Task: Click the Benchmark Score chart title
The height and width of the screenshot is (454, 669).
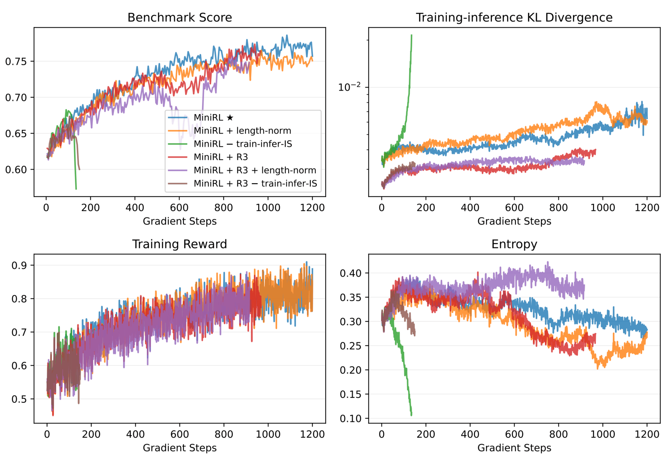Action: click(179, 17)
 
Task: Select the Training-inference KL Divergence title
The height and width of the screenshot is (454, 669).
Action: click(514, 17)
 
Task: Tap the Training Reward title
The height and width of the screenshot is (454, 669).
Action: click(179, 244)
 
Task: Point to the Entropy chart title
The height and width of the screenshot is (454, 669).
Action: click(514, 244)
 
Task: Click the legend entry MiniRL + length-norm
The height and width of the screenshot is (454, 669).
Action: click(242, 131)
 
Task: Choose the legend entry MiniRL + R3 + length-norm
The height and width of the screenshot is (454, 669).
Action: click(255, 170)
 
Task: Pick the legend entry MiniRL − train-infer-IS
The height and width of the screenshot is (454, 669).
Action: click(243, 144)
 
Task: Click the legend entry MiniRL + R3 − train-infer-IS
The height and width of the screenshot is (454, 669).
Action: click(255, 183)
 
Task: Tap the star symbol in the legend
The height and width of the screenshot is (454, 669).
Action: click(230, 118)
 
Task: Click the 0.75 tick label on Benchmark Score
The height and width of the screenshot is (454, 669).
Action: click(16, 62)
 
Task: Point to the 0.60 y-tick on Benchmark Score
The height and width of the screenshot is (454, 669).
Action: click(16, 170)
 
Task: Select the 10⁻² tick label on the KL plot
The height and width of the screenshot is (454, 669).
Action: click(349, 87)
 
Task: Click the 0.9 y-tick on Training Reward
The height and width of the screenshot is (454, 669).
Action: click(19, 265)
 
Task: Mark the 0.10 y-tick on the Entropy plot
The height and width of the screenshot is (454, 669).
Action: click(350, 418)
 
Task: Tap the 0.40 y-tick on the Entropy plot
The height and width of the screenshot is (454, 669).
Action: click(350, 273)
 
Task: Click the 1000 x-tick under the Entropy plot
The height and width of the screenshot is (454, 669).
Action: click(603, 434)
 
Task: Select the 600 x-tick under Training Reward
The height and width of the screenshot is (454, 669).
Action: click(179, 434)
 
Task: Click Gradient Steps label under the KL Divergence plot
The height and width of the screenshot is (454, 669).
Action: click(514, 221)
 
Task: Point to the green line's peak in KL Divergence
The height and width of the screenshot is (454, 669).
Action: click(412, 36)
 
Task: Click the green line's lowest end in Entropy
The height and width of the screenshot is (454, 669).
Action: click(412, 415)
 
